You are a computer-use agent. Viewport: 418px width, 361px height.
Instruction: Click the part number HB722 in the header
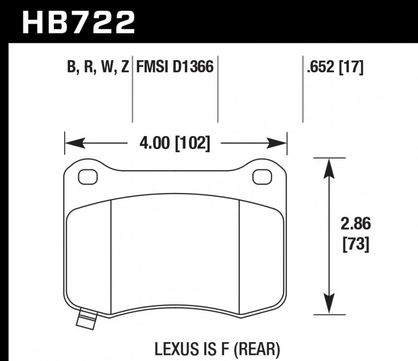pyautogui.click(x=78, y=22)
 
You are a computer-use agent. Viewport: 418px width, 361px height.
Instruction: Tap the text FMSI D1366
pyautogui.click(x=175, y=67)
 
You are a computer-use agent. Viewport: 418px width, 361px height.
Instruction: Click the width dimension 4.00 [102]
pyautogui.click(x=176, y=143)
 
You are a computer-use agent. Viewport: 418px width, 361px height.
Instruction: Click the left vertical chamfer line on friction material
pyautogui.click(x=112, y=256)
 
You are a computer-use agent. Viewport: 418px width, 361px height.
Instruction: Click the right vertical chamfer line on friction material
pyautogui.click(x=239, y=256)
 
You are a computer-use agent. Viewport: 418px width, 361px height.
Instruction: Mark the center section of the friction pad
pyautogui.click(x=176, y=256)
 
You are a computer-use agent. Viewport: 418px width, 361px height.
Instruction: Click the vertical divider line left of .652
pyautogui.click(x=304, y=89)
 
